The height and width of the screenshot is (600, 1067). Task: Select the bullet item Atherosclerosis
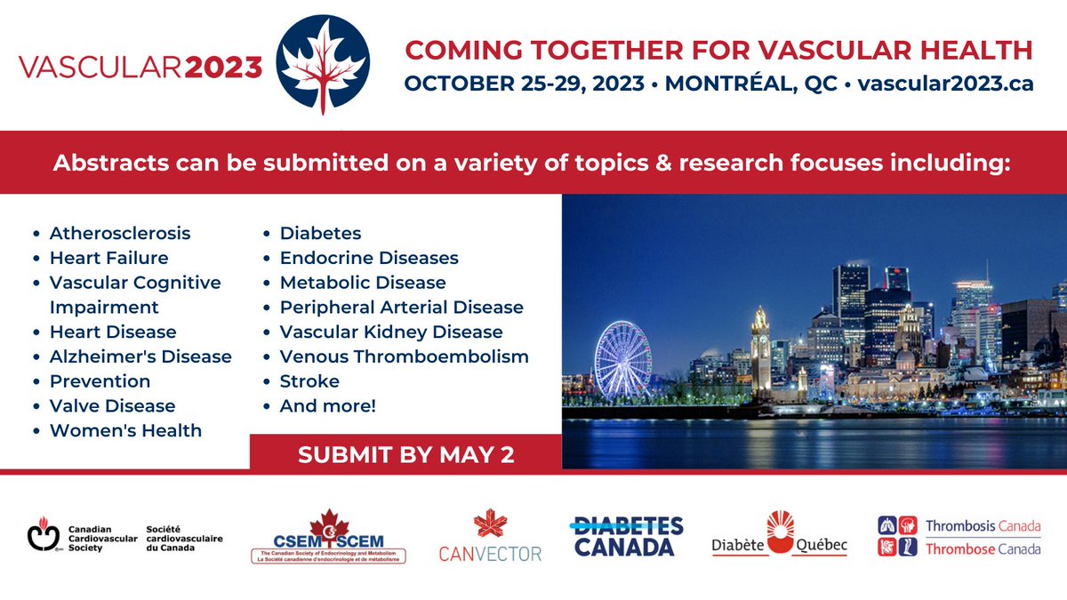119,234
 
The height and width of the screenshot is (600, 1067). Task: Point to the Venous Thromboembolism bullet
404,356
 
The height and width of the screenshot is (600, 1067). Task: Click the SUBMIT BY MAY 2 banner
405,454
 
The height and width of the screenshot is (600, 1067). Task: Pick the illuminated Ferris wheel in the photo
622,361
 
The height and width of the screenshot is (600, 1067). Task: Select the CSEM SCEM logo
328,539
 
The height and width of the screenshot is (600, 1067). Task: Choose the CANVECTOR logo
490,538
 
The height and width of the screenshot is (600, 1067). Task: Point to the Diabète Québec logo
779,535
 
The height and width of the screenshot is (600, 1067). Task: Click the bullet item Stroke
309,381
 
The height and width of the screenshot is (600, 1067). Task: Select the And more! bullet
328,406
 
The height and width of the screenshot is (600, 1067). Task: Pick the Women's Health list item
125,431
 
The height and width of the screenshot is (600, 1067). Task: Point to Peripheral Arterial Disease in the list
401,308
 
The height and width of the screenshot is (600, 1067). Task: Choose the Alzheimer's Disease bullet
140,356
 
